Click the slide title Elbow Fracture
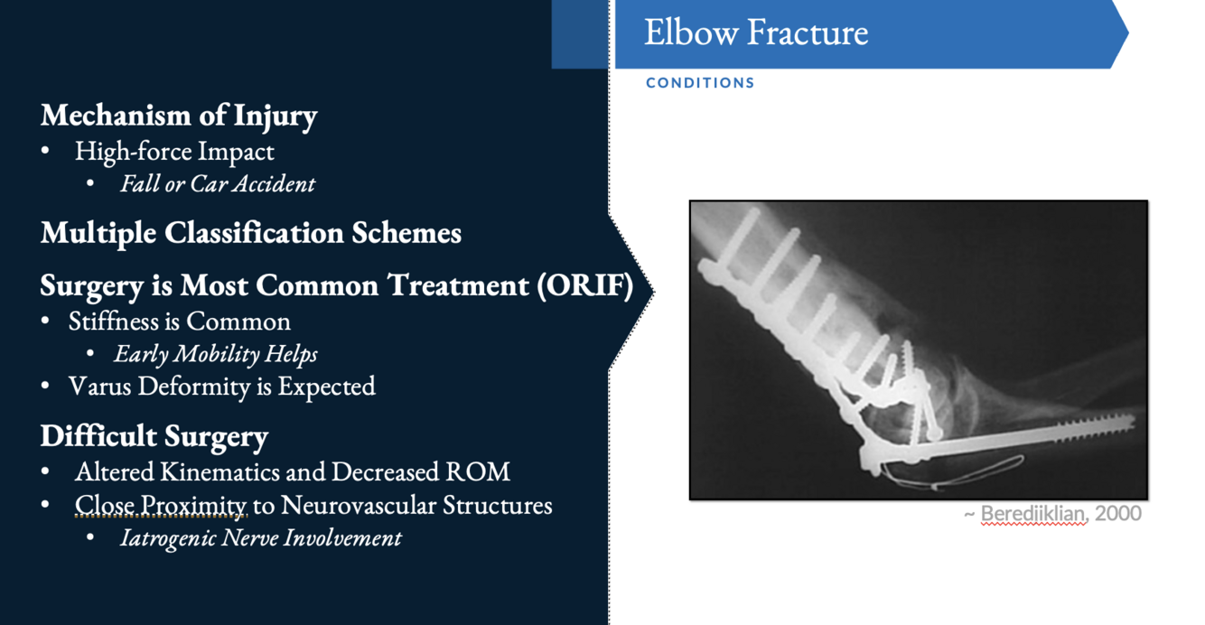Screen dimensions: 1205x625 [756, 33]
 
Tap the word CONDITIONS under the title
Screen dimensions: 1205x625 [700, 83]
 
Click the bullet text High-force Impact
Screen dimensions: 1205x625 [174, 151]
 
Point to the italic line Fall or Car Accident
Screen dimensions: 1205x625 [218, 184]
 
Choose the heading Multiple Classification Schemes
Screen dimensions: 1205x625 [251, 232]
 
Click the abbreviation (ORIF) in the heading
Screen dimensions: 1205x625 [584, 285]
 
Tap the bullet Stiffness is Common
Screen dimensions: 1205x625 [179, 322]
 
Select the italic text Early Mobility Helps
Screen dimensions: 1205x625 [215, 354]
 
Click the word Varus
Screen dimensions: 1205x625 [99, 387]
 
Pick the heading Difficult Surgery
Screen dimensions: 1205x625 [154, 435]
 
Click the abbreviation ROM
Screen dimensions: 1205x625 [478, 472]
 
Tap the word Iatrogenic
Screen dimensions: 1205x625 [168, 538]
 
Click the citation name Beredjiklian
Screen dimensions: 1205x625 [1032, 514]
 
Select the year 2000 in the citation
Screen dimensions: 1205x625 [1118, 513]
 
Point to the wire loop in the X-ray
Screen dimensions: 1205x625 [952, 473]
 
